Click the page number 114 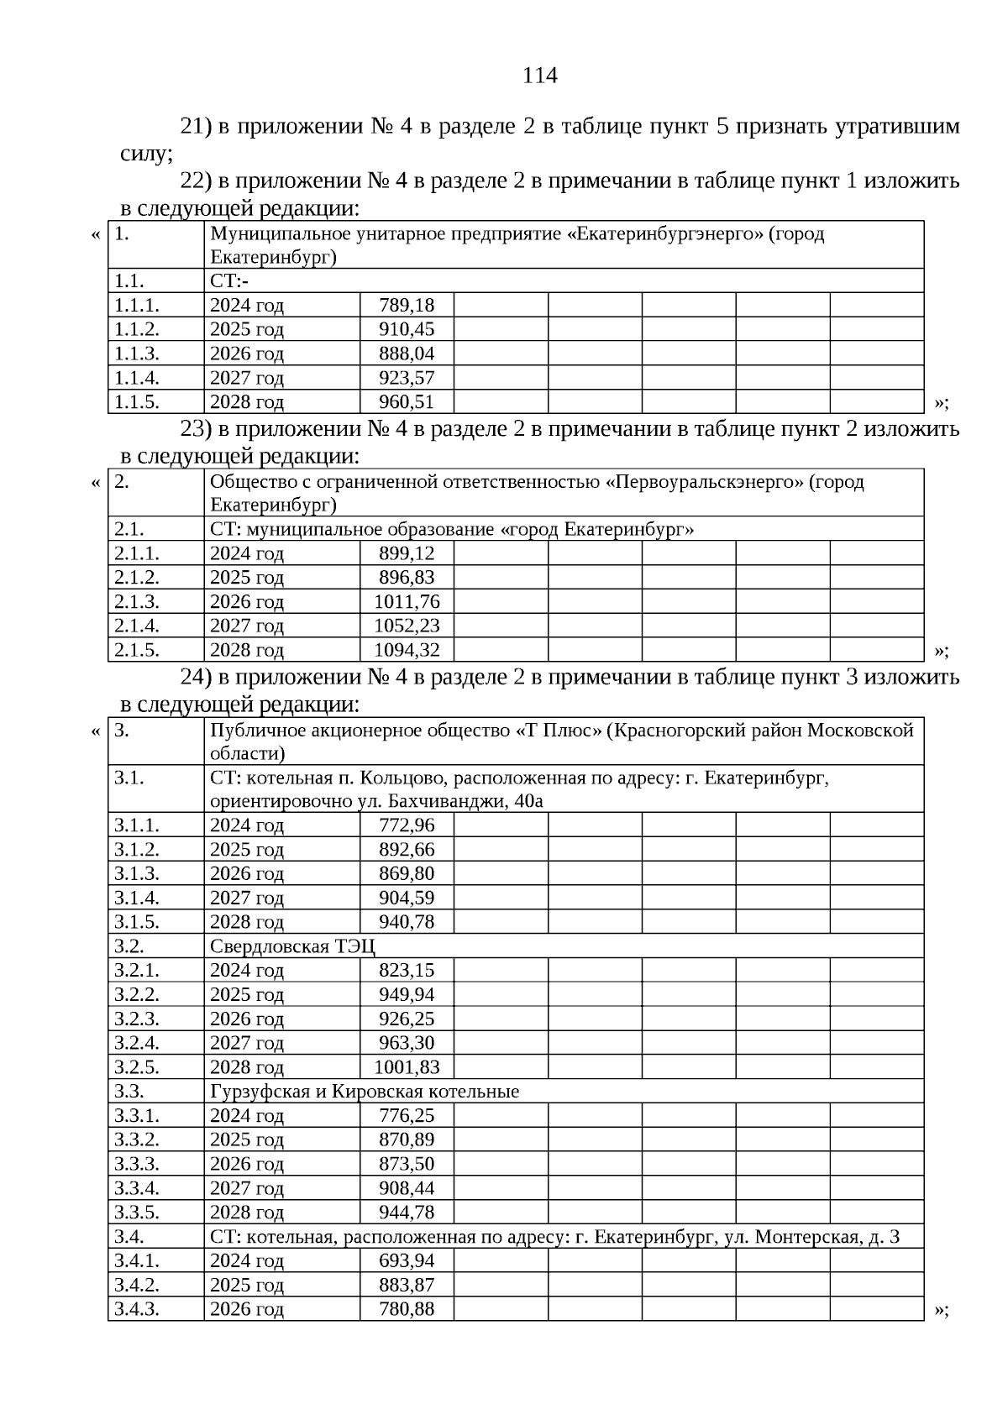click(539, 76)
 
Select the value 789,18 click(407, 305)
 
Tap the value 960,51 click(407, 402)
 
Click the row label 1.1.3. click(137, 354)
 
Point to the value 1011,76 click(407, 602)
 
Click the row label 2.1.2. click(137, 578)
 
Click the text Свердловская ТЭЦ click(292, 947)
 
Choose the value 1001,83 click(407, 1068)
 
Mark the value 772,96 click(407, 825)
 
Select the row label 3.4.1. click(137, 1261)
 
